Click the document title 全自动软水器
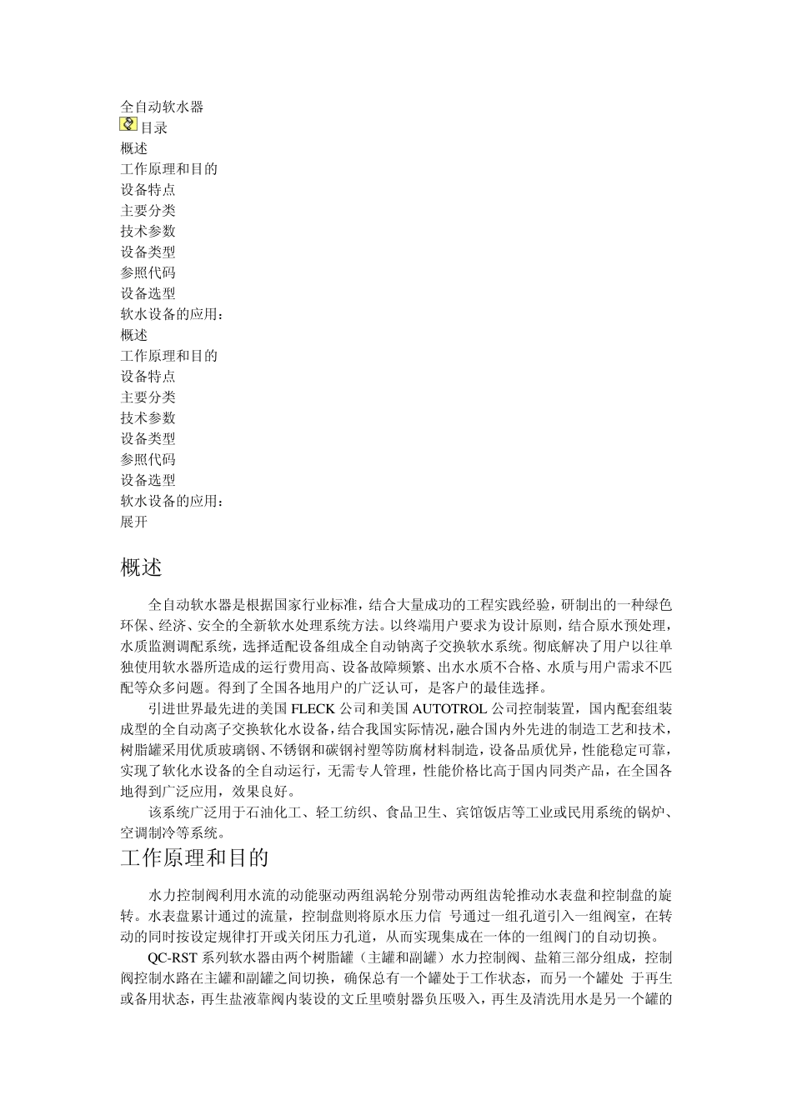pos(162,107)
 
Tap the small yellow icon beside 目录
pos(128,125)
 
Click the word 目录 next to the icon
pos(154,127)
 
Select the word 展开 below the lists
pos(134,522)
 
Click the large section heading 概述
pos(141,568)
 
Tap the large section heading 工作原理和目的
pos(194,858)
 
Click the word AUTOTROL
pos(447,709)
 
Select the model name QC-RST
pos(173,957)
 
